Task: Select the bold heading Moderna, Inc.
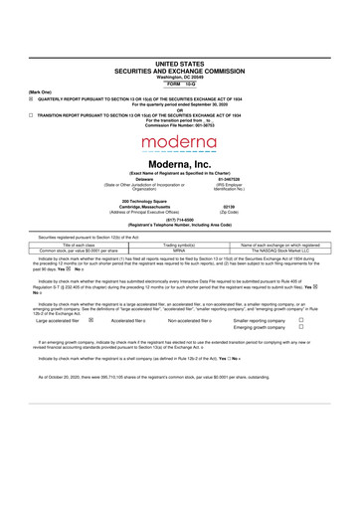pos(180,163)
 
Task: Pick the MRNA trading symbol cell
pos(179,250)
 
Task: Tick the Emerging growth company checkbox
pos(301,329)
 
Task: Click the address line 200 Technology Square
pos(119,200)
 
